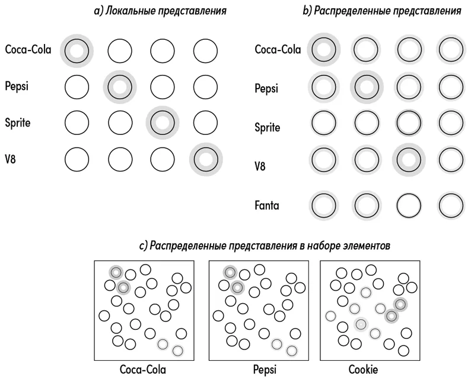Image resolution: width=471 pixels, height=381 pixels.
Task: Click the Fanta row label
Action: tap(267, 206)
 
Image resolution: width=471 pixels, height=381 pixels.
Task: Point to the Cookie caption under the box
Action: tap(363, 370)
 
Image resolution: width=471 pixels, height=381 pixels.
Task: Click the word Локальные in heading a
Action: tap(131, 11)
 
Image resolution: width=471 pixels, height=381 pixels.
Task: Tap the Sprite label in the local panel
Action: tap(18, 123)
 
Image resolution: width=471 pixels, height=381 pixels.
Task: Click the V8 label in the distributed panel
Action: tap(260, 166)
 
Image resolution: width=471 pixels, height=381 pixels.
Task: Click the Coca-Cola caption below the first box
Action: tap(143, 370)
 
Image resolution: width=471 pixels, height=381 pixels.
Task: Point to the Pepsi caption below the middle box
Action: tap(265, 370)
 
